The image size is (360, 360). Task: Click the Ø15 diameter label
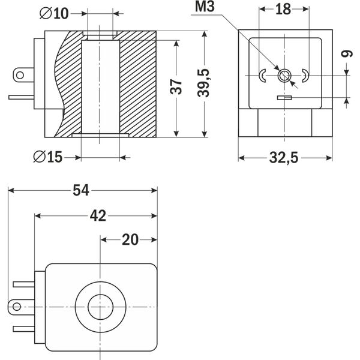[49, 157]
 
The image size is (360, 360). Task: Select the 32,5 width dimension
[284, 158]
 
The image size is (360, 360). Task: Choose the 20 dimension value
[130, 239]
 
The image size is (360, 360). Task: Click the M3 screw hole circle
[285, 75]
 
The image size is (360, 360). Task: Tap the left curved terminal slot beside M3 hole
[264, 75]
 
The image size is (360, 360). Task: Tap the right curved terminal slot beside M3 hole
[305, 75]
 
